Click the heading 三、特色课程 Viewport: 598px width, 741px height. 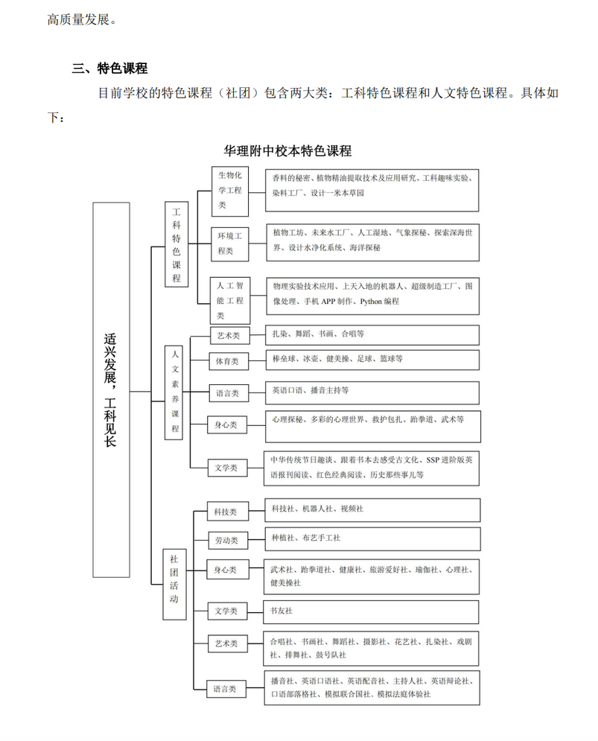(109, 69)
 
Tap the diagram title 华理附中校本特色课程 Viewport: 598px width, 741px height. (287, 150)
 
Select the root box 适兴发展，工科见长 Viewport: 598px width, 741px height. (110, 389)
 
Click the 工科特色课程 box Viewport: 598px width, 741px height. (176, 244)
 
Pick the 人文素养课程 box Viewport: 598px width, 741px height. (174, 391)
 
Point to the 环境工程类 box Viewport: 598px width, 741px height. (229, 244)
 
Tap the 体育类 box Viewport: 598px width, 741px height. (227, 361)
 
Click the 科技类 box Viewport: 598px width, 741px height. (226, 512)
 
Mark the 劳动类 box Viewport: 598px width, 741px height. (226, 541)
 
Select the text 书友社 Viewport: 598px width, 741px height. (281, 611)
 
